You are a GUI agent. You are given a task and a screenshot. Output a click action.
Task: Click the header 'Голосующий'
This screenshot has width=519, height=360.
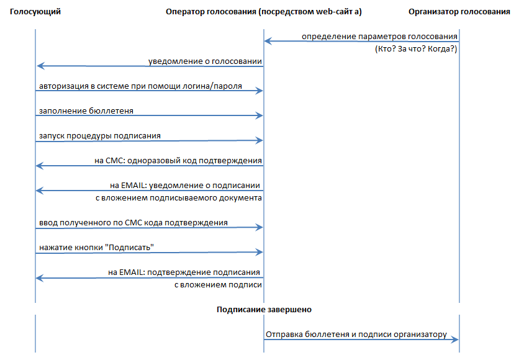(35, 12)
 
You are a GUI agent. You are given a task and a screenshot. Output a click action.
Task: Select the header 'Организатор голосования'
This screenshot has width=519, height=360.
(459, 12)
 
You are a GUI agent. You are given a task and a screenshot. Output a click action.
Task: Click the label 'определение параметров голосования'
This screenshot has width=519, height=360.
(379, 37)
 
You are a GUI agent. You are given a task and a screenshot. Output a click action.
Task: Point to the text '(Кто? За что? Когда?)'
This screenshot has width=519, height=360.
(416, 49)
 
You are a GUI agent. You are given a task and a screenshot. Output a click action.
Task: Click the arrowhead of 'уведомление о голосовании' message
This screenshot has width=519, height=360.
(41, 66)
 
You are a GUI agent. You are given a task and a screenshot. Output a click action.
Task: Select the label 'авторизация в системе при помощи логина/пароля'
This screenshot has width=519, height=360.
(140, 86)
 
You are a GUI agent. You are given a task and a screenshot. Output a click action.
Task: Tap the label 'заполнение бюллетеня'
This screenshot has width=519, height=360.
(86, 111)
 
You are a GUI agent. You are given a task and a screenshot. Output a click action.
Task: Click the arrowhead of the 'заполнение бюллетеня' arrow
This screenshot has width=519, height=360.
(259, 115)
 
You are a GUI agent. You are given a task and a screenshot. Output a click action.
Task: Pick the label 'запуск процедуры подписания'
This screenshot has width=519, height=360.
(99, 136)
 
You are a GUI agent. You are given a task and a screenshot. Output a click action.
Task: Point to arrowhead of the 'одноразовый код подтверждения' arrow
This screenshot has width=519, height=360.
(40, 166)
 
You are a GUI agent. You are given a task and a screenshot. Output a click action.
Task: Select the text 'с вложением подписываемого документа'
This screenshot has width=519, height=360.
(179, 198)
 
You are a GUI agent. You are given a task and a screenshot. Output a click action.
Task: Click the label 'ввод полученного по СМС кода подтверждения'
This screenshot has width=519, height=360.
(133, 223)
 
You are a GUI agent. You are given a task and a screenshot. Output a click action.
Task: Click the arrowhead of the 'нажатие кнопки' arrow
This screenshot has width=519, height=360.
(259, 252)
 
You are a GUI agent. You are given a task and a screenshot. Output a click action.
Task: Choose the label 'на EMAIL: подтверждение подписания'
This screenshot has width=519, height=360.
(184, 272)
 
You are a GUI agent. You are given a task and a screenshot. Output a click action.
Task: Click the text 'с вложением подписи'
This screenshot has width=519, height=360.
(218, 285)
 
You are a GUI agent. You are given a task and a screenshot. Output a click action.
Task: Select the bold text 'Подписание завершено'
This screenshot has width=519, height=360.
(264, 310)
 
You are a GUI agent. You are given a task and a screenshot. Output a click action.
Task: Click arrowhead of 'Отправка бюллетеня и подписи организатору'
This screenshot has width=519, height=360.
(455, 339)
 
